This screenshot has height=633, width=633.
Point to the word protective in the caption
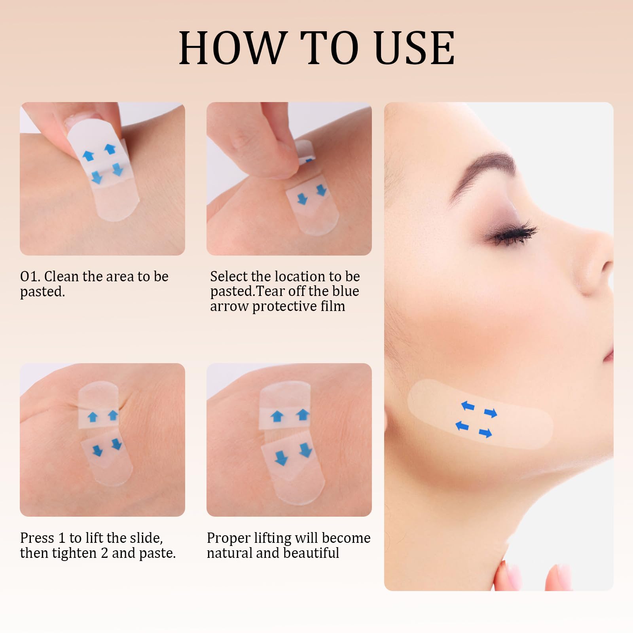pos(282,307)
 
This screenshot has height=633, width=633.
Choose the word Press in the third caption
pos(37,538)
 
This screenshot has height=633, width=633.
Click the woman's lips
pos(608,352)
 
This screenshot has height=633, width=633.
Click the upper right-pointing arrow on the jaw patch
pos(491,413)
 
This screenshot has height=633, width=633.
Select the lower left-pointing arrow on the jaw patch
pos(462,426)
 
